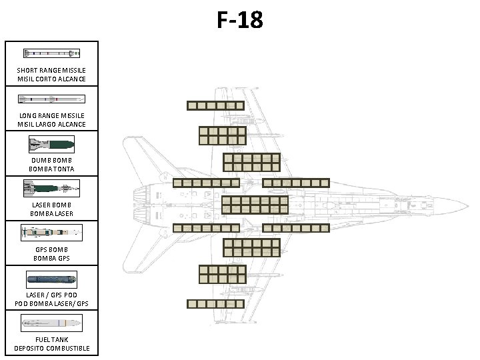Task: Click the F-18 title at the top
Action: click(x=240, y=20)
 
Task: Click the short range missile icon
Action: click(x=51, y=53)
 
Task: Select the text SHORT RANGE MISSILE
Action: click(x=51, y=70)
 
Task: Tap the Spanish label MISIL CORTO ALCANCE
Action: click(x=51, y=79)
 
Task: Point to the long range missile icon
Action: click(x=51, y=99)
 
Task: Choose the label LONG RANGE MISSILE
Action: click(x=51, y=115)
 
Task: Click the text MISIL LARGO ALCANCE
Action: click(x=51, y=124)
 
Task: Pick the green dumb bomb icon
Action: click(x=51, y=143)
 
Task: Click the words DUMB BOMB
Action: click(x=51, y=160)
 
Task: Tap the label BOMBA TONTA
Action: click(x=51, y=169)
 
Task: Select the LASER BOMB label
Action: click(x=51, y=205)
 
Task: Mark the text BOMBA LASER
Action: click(x=51, y=214)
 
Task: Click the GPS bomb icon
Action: click(x=51, y=233)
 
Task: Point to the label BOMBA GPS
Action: click(x=51, y=259)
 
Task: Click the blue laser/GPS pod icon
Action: click(x=51, y=278)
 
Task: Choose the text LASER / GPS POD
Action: click(x=51, y=295)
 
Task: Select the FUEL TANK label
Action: click(x=51, y=340)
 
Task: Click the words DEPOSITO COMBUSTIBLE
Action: click(x=51, y=349)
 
